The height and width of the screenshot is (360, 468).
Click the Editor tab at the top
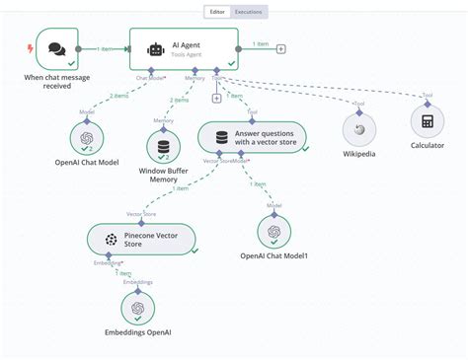[217, 12]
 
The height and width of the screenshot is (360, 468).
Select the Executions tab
[249, 12]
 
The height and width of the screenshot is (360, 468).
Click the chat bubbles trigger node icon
[56, 49]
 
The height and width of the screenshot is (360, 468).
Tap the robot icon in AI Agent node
[155, 49]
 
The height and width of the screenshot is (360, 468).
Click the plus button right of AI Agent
[281, 47]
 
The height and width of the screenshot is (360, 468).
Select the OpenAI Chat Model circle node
[87, 138]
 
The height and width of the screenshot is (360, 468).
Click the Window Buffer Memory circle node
[163, 146]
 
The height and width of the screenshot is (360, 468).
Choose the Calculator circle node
[428, 122]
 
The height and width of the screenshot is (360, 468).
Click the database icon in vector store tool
[222, 136]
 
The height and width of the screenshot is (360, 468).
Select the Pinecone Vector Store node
[140, 238]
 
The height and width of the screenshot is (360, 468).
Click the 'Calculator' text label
[427, 146]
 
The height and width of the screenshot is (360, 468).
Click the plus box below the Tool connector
[216, 98]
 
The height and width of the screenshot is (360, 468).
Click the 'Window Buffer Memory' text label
[163, 175]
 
